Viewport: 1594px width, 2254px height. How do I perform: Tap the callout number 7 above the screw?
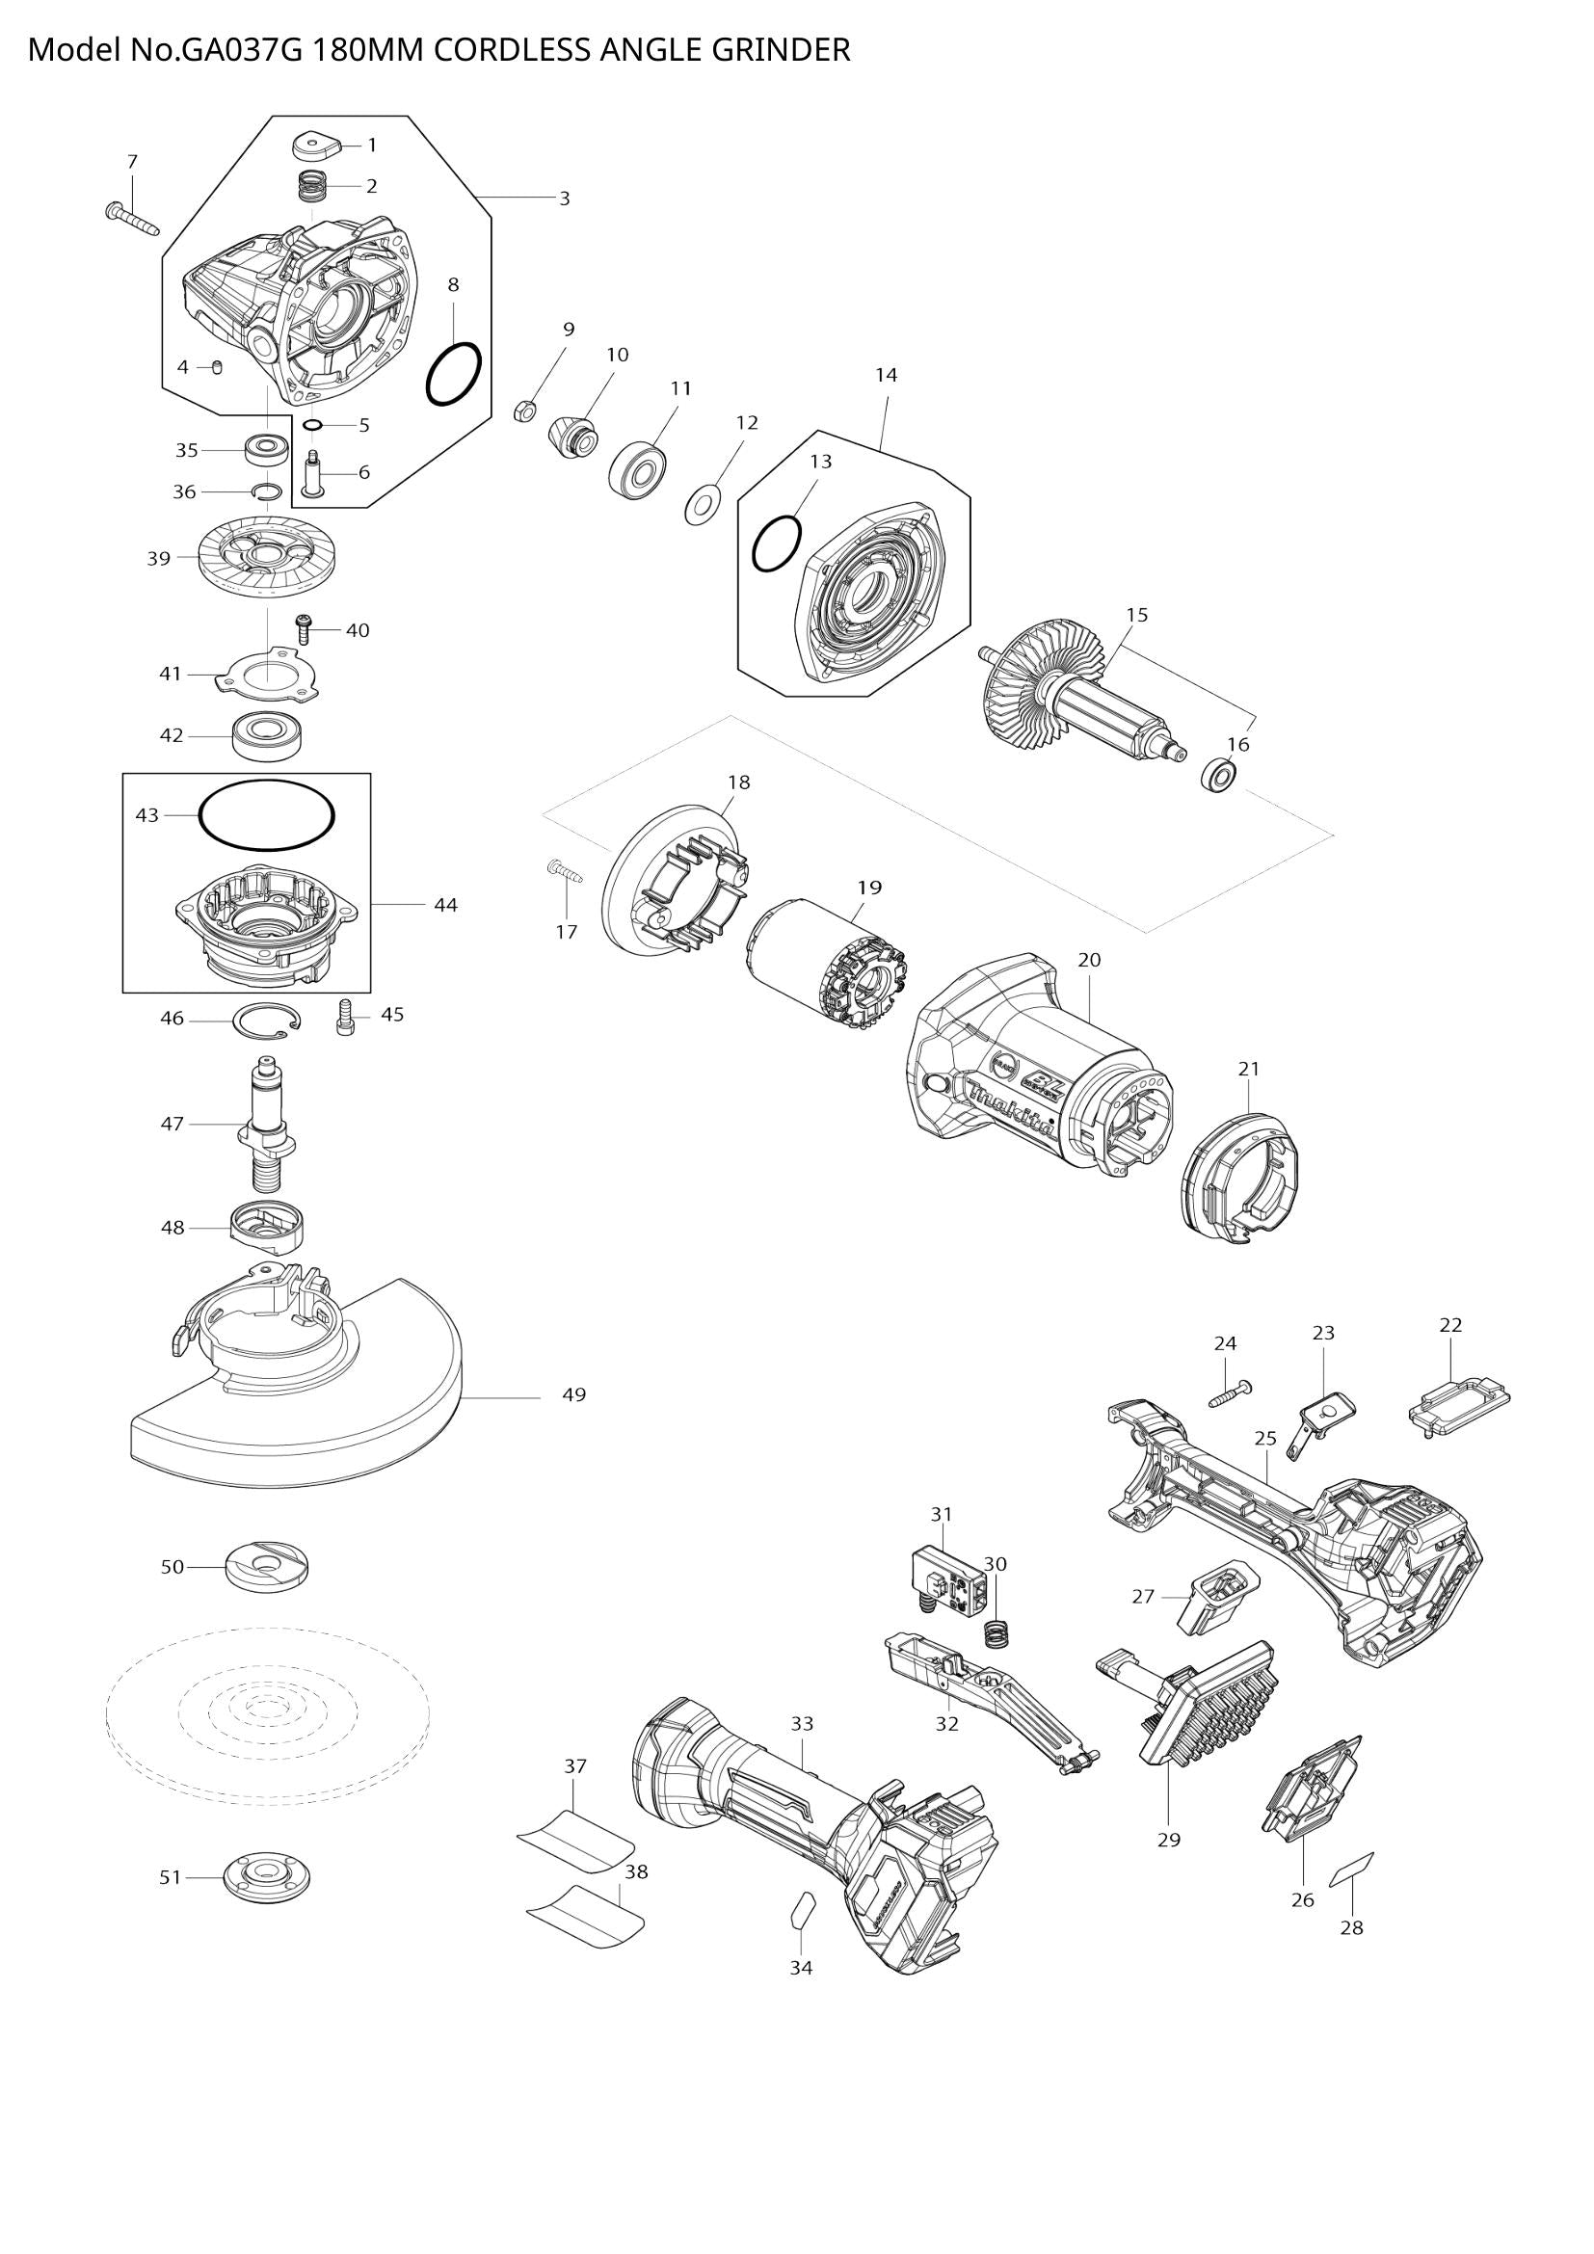(x=132, y=161)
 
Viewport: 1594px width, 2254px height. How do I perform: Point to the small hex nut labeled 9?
(x=524, y=411)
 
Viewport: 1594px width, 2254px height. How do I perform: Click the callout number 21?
(x=1247, y=1068)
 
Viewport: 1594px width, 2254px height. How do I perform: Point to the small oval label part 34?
(x=801, y=1907)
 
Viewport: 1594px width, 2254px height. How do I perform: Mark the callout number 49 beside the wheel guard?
(x=573, y=1394)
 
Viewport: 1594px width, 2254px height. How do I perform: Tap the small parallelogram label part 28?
(x=1350, y=1870)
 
